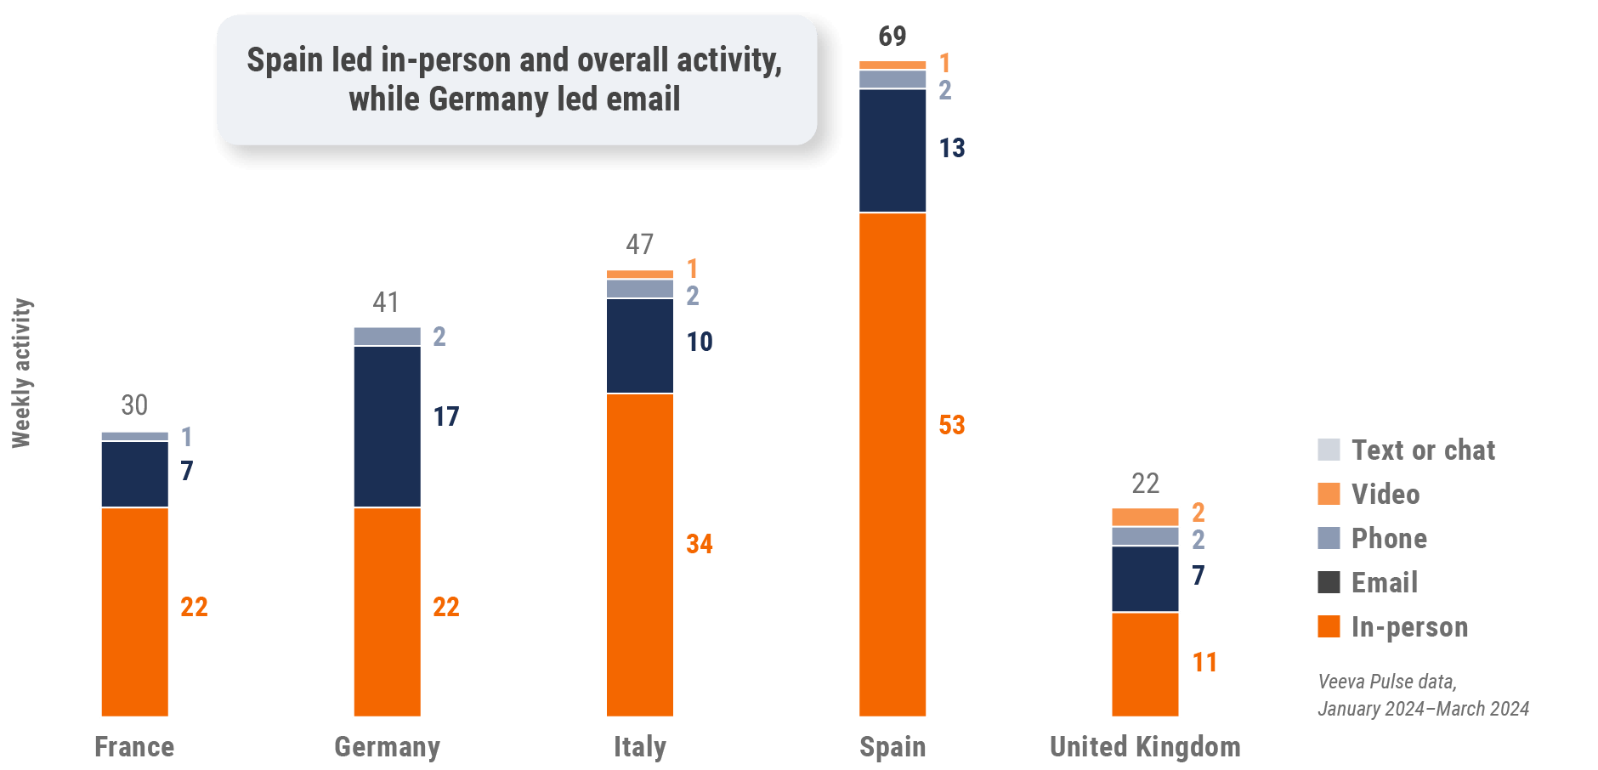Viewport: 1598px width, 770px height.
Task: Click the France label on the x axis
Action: [134, 746]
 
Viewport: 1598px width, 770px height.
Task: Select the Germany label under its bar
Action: [387, 746]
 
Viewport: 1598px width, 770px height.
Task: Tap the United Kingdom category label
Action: [1144, 746]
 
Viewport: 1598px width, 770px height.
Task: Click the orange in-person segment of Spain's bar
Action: [892, 464]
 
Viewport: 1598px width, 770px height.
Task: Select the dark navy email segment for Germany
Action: [387, 426]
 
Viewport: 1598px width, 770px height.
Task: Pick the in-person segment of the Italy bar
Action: [639, 554]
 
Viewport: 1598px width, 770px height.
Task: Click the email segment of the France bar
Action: [134, 473]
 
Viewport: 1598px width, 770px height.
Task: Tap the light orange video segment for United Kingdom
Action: [1144, 517]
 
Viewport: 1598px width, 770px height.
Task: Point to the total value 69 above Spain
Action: [892, 36]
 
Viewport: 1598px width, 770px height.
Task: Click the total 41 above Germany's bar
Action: [386, 302]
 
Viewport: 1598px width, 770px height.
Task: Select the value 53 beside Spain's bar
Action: [952, 425]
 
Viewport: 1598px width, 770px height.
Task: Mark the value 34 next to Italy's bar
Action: [700, 544]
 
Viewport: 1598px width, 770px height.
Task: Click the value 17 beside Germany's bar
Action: [446, 416]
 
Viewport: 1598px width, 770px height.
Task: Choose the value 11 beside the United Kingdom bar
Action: [1204, 662]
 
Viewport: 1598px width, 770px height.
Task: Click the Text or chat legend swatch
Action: [1329, 450]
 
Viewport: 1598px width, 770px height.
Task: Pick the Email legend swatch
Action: [1329, 582]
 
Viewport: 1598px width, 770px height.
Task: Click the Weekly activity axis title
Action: [21, 372]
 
